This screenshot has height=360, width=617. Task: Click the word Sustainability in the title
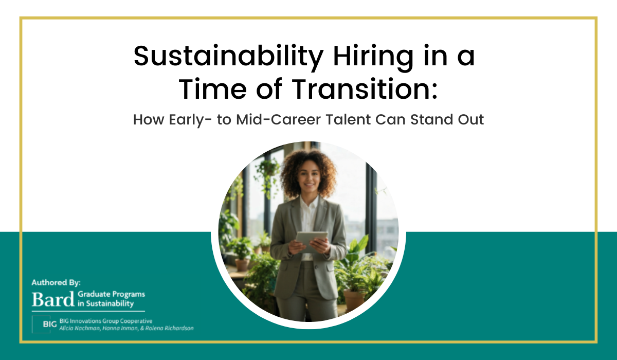[228, 57]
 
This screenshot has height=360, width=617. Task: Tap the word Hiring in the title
[373, 57]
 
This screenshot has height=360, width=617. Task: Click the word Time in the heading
[213, 89]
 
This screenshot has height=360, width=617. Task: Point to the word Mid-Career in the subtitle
[279, 120]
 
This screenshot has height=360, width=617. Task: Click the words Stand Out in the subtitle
[447, 120]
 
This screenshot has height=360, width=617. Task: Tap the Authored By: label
[56, 283]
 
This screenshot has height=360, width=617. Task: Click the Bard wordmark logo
[53, 299]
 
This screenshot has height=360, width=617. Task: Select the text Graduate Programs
[111, 294]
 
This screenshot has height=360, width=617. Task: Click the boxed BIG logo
[41, 324]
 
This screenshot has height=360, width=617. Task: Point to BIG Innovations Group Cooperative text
[106, 321]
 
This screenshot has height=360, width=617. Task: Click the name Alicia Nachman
[80, 328]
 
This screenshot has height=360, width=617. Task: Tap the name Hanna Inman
[120, 328]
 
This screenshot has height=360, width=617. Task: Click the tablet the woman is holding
[312, 241]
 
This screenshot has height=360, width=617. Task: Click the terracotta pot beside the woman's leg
[354, 301]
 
